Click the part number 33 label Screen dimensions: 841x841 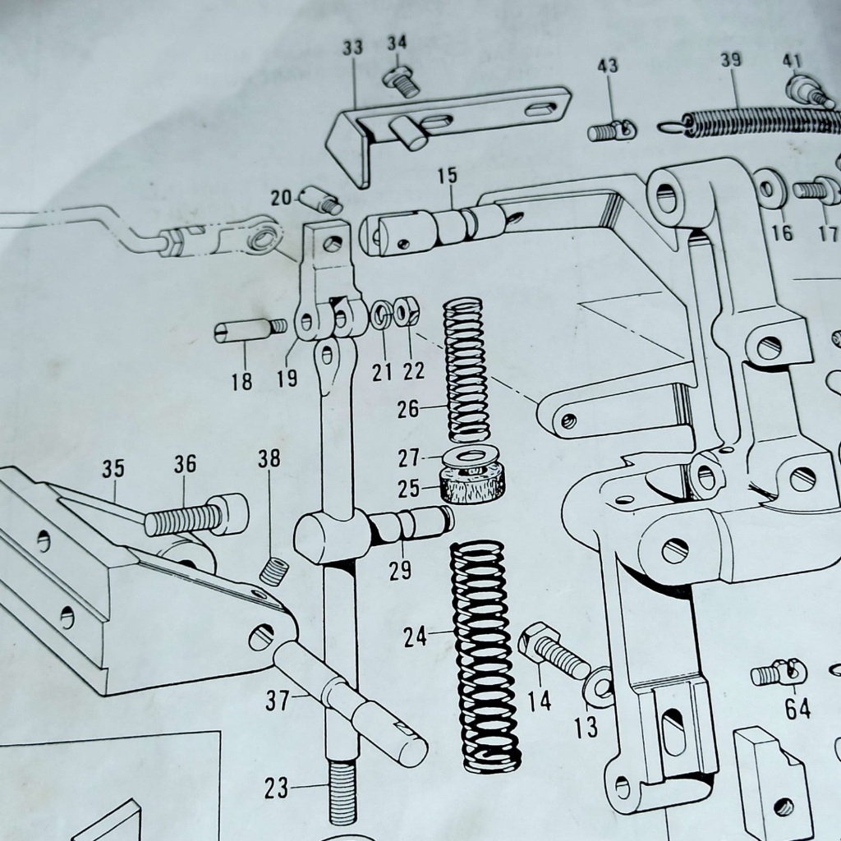click(x=352, y=48)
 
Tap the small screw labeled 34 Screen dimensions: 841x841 click(x=402, y=81)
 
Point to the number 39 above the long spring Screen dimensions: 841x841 click(x=730, y=61)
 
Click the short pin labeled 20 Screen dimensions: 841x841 click(x=320, y=200)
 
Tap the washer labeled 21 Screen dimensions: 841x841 click(x=381, y=315)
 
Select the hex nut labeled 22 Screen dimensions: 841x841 click(x=406, y=311)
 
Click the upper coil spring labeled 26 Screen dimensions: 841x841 click(x=466, y=370)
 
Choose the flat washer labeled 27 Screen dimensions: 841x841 click(x=473, y=453)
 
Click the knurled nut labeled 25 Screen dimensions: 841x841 click(x=472, y=483)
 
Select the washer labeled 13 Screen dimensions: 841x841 click(x=599, y=687)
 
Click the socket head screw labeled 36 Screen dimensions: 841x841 click(x=197, y=517)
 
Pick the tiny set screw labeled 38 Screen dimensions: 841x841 click(x=274, y=571)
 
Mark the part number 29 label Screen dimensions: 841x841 click(x=400, y=571)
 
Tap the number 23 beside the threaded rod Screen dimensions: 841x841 click(x=277, y=788)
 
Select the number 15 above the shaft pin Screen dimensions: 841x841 click(x=448, y=176)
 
